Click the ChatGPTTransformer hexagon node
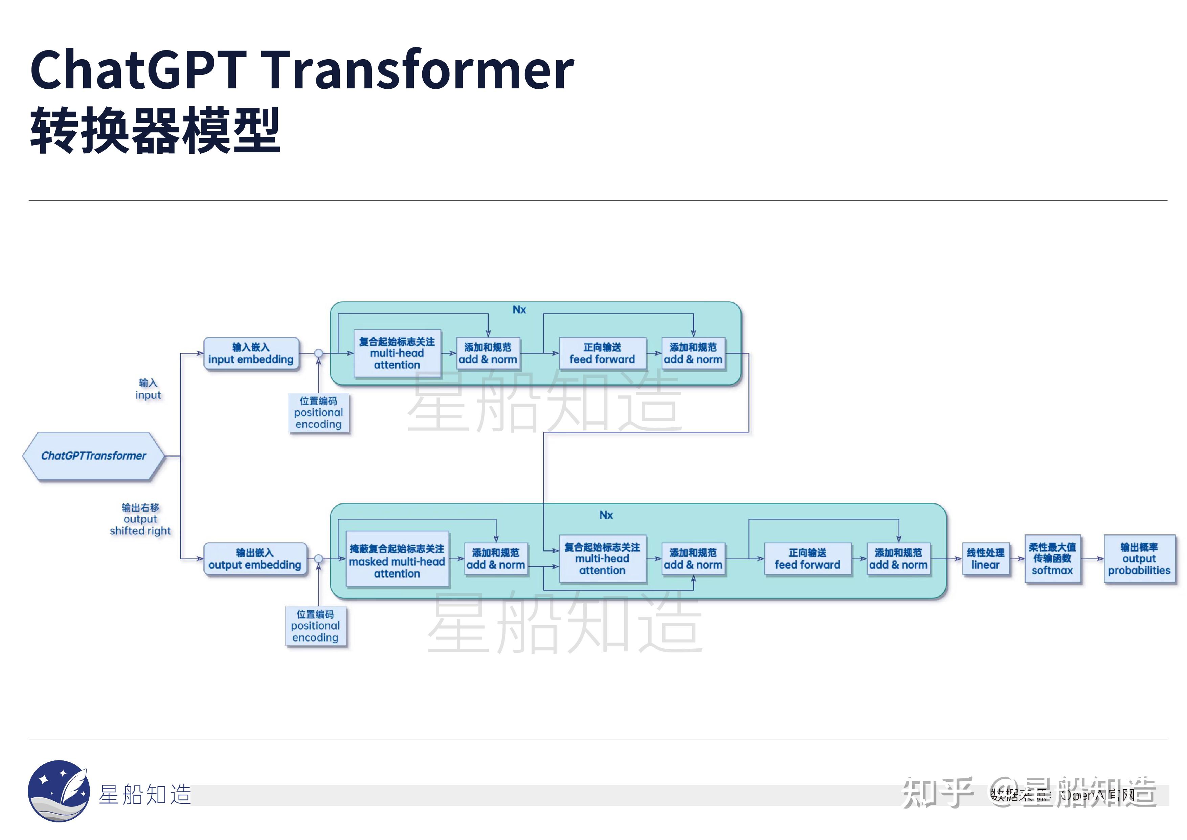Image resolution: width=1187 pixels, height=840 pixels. [x=94, y=456]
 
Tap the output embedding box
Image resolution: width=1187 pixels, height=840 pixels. [x=255, y=559]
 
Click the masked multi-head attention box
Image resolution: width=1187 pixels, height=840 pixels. [x=397, y=560]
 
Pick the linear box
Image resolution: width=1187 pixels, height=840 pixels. [x=985, y=559]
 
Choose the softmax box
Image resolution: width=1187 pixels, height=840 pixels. [x=1052, y=559]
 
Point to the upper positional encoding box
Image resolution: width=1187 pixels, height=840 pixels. [x=318, y=412]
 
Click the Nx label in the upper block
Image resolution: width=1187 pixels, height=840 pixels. [x=519, y=310]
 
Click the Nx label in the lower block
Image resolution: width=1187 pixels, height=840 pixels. [x=606, y=515]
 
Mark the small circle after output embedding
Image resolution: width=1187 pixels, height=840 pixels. [x=318, y=559]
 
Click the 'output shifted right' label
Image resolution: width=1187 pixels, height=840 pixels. [x=140, y=519]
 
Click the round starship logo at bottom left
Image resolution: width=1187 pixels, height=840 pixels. [x=59, y=790]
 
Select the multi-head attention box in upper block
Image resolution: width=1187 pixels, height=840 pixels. [x=397, y=353]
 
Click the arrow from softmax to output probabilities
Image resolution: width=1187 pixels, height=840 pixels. [x=1092, y=559]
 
